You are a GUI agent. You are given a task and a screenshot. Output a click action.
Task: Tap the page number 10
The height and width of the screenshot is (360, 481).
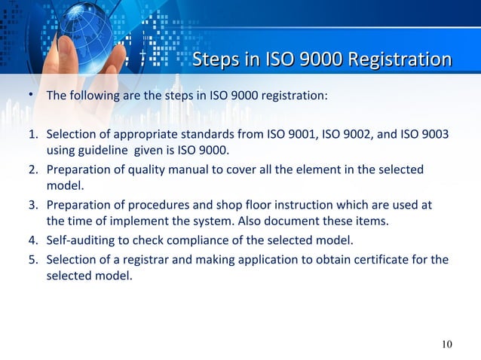click(x=447, y=344)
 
